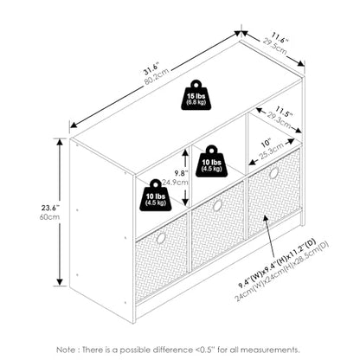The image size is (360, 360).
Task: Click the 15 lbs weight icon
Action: [196, 95]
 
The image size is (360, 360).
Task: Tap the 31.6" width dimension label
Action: [151, 67]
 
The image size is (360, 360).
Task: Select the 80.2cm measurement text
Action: [156, 76]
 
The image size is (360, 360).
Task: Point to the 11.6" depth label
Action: [279, 39]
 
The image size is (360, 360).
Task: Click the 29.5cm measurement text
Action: [274, 46]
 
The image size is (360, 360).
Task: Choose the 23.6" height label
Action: [50, 208]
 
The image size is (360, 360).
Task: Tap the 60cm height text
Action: [49, 216]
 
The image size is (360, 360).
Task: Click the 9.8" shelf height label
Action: [181, 173]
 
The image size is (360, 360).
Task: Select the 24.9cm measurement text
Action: [175, 183]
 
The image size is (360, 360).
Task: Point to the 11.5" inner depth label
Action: [284, 112]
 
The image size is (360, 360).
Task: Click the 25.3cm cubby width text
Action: [271, 151]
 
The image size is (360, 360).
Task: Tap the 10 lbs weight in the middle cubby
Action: [211, 161]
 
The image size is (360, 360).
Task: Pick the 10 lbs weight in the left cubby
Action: [156, 196]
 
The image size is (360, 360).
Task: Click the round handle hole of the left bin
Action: [161, 238]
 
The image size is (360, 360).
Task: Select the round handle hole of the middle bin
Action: [217, 205]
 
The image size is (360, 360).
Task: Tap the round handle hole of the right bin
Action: [273, 173]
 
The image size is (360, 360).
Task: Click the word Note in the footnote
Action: [66, 350]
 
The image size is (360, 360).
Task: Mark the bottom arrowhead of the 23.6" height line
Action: [60, 282]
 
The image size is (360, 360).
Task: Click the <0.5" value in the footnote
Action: [204, 350]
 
